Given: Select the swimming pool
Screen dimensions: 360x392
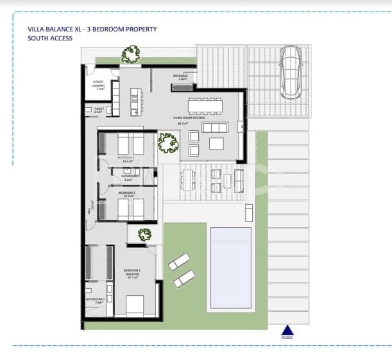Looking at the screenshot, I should click(231, 267).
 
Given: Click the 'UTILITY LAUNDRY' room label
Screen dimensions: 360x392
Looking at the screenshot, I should click(99, 86).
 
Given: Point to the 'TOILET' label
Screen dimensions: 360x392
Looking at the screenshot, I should click(98, 110).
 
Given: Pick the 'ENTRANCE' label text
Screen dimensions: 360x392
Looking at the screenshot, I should click(180, 77).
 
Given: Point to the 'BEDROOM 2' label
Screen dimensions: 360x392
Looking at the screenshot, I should click(127, 194).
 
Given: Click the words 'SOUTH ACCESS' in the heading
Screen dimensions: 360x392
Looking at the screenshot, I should click(50, 39).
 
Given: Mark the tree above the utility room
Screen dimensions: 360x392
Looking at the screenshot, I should click(131, 54).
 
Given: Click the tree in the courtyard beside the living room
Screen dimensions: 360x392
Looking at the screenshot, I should click(168, 142).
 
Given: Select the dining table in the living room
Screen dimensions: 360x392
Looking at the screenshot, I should click(205, 105).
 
